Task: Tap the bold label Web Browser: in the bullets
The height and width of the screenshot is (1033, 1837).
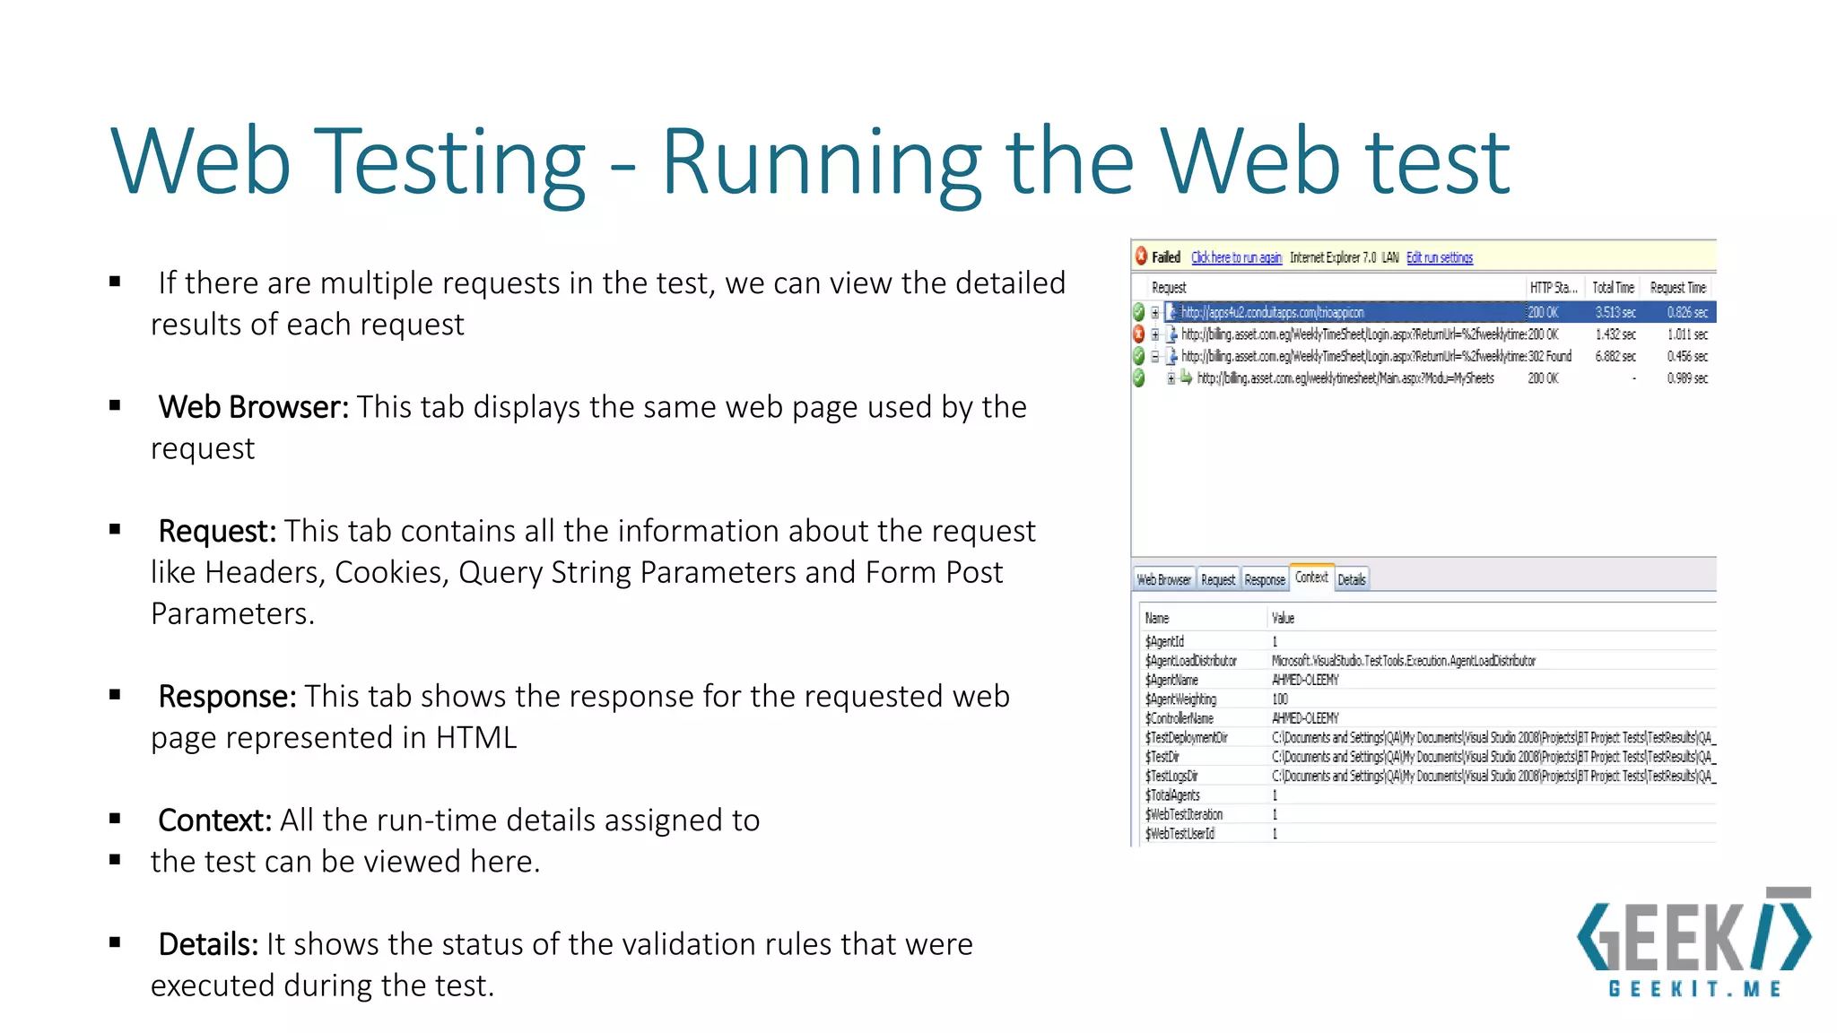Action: coord(253,407)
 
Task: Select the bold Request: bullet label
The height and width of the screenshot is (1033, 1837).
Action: coord(216,531)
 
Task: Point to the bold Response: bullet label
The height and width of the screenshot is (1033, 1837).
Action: coord(227,696)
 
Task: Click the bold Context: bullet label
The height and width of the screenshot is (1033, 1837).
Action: coord(214,820)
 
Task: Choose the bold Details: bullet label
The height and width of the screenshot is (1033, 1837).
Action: coord(208,943)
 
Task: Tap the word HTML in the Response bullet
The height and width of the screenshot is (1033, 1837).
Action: coord(476,737)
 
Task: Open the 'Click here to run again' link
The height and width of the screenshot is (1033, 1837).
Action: coord(1236,257)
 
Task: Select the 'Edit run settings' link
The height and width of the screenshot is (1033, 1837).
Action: coord(1439,257)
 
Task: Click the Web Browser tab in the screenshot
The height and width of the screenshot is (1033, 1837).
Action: coord(1163,580)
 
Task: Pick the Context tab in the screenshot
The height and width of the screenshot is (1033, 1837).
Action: coord(1311,577)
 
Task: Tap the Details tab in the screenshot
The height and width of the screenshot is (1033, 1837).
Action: coord(1352,580)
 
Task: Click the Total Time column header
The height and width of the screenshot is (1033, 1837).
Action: coord(1613,288)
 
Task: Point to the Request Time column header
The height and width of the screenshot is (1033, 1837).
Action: coord(1677,288)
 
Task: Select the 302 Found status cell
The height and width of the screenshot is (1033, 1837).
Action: coord(1549,356)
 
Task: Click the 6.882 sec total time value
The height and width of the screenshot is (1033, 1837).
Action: coord(1615,356)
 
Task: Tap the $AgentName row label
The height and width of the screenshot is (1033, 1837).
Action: coord(1171,680)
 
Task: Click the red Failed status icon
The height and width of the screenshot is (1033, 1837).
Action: coord(1141,256)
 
